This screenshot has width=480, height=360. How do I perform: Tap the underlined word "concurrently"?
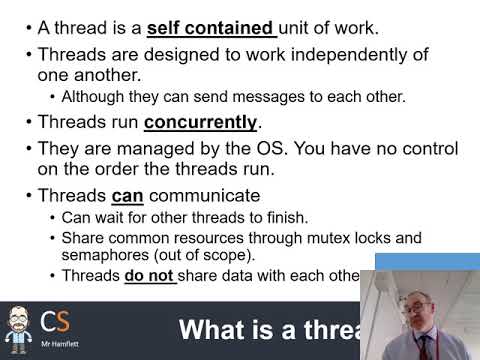point(200,123)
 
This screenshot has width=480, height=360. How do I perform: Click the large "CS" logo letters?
point(55,323)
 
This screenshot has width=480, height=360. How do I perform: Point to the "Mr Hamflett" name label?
point(56,346)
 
